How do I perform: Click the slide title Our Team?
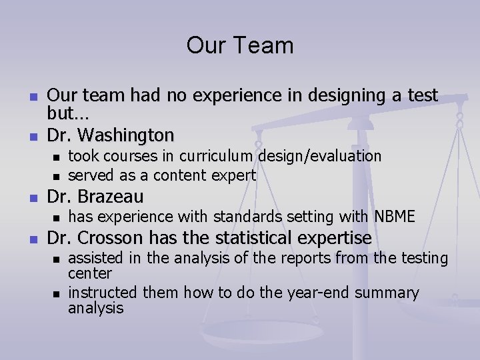pos(240,45)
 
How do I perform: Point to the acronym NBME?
pos(395,216)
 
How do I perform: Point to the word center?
pos(90,273)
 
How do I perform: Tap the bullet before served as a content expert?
pos(57,177)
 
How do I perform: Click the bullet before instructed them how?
pos(57,293)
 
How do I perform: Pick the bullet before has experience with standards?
pos(57,217)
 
